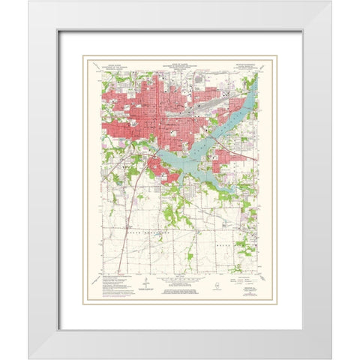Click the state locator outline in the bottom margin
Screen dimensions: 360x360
[217, 286]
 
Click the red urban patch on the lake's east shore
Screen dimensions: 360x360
[225, 159]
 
